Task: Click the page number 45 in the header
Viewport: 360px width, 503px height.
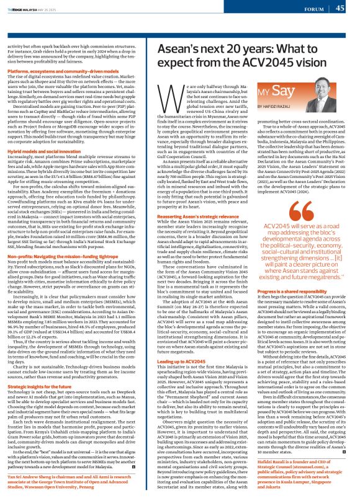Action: pos(340,8)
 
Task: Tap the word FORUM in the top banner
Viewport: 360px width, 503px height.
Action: pos(312,9)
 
